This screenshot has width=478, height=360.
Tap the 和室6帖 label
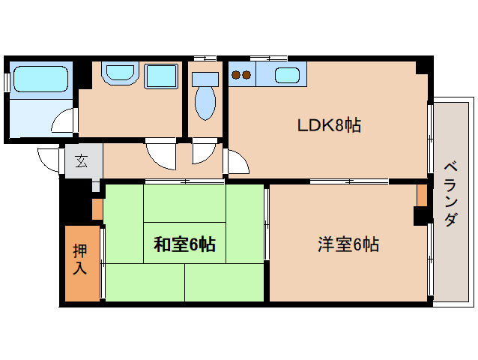(x=185, y=244)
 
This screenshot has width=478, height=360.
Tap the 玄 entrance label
(x=80, y=160)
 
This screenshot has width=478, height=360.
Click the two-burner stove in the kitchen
(x=241, y=74)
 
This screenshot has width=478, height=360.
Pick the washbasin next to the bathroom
(x=118, y=74)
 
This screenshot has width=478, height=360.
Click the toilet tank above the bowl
(x=203, y=77)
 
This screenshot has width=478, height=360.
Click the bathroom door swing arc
(x=65, y=120)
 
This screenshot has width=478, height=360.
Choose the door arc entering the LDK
(x=235, y=162)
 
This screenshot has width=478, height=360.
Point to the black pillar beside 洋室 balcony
(x=420, y=216)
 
